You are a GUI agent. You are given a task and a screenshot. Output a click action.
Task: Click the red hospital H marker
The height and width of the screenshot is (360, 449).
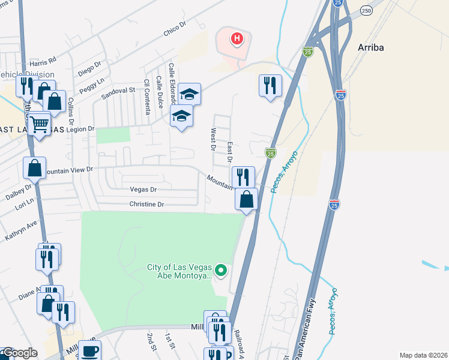point(237,40)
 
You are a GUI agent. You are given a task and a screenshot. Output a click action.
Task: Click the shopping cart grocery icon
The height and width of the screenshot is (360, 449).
point(40,124)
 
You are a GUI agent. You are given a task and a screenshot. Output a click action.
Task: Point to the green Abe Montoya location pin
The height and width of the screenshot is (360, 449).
point(221,271)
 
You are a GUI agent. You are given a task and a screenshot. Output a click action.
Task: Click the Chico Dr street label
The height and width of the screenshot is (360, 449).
point(175,29)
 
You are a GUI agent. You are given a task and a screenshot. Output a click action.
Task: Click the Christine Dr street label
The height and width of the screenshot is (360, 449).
point(146,204)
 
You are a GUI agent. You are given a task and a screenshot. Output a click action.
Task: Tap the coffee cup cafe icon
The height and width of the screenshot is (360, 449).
point(90,352)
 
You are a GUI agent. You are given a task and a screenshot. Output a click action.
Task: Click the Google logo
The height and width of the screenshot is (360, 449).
point(19,353)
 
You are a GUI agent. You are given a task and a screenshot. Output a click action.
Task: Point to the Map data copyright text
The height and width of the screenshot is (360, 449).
point(423,355)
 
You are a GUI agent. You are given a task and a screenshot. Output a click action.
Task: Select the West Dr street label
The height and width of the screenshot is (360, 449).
point(212,139)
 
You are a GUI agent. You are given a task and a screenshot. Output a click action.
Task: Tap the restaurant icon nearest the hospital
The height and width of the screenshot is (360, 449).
point(270,85)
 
